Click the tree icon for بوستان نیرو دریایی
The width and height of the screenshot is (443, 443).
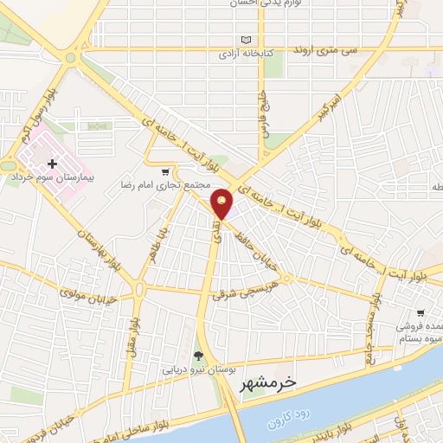point(199,355)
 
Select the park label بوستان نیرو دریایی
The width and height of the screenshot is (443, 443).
point(200,369)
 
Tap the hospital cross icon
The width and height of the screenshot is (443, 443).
point(52,163)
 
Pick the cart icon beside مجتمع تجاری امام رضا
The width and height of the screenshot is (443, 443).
point(167,170)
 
